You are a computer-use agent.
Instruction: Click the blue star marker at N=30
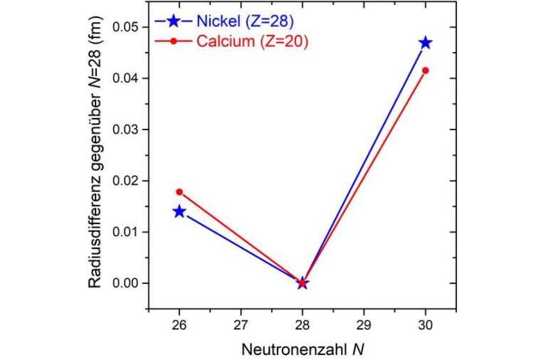click(x=426, y=43)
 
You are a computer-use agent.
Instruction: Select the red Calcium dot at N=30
click(x=426, y=70)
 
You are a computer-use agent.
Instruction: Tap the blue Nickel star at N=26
click(x=179, y=211)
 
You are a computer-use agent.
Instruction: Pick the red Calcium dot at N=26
click(x=179, y=192)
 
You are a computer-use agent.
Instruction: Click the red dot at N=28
click(x=303, y=283)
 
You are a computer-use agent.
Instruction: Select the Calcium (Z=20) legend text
click(x=252, y=41)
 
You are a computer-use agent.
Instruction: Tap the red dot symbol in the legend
click(x=172, y=41)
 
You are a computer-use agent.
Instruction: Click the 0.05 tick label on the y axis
click(x=127, y=27)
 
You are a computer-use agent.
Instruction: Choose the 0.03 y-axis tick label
click(x=127, y=129)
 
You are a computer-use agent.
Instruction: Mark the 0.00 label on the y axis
click(x=127, y=283)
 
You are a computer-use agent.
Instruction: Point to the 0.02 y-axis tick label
click(x=127, y=181)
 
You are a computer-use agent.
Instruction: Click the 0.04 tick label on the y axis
click(x=127, y=78)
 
